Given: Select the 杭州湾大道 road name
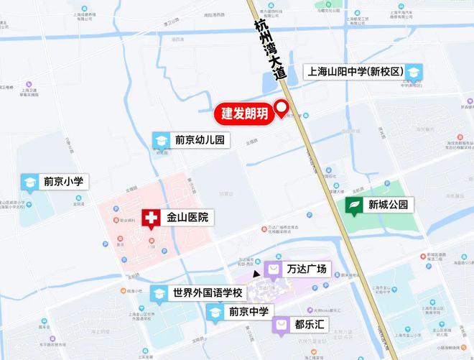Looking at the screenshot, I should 269,50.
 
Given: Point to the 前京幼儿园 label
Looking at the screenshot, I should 200,140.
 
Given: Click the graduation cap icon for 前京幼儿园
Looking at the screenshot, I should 162,140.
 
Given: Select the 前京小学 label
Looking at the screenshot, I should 64,182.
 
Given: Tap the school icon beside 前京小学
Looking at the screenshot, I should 30,183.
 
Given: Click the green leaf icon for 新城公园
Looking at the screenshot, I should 354,206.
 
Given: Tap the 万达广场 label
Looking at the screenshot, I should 306,269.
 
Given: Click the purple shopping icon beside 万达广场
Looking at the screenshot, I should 273,269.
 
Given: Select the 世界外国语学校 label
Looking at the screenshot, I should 208,293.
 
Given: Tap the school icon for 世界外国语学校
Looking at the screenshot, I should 159,294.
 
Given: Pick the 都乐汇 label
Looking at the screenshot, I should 310,325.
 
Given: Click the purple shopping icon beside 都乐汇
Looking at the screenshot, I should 281,325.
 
